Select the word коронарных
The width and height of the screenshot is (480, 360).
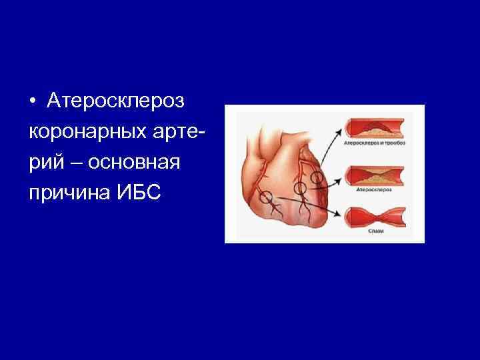[79, 132]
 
